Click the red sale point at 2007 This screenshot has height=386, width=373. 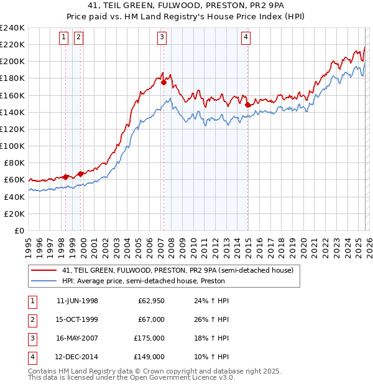(163, 82)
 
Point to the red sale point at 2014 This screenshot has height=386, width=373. (247, 104)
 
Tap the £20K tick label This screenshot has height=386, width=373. (14, 214)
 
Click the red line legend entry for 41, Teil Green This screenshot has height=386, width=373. (173, 270)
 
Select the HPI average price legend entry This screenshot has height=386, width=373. (143, 281)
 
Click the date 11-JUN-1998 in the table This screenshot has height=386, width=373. (77, 301)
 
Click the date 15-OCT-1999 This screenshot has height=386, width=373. (77, 319)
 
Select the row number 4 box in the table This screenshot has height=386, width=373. (32, 357)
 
